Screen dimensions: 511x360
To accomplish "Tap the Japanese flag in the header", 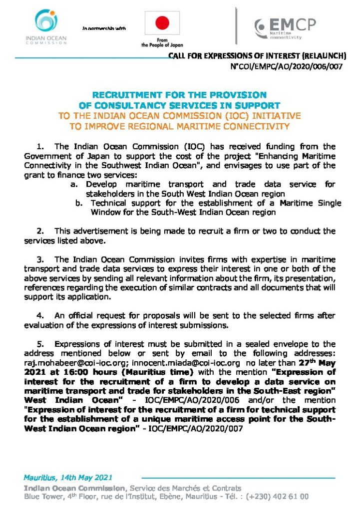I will click(162, 23).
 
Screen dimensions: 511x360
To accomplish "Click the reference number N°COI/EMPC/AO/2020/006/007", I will click(287, 66).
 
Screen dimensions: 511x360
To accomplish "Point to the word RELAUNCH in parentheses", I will click(323, 56).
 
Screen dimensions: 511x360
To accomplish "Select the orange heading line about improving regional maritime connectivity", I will click(180, 126).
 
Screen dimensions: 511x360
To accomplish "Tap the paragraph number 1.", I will click(41, 147).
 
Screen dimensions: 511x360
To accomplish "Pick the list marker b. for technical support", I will click(79, 203).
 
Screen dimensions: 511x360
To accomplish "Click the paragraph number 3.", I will click(41, 259).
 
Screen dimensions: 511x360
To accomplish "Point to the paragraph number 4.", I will click(41, 315).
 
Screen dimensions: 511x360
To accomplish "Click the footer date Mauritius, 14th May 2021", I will click(68, 477).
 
